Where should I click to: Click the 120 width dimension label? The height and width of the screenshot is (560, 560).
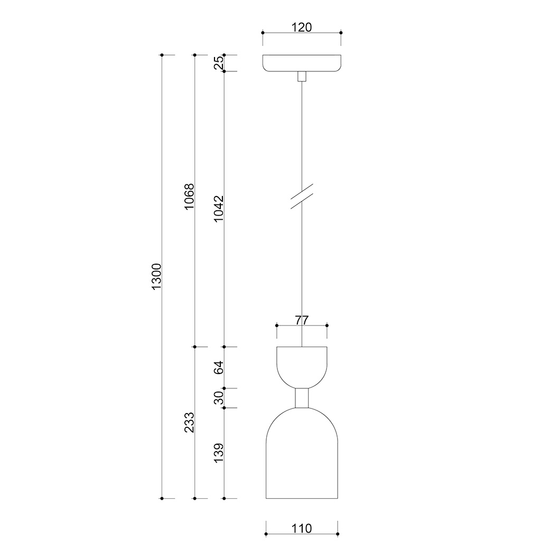point(302,27)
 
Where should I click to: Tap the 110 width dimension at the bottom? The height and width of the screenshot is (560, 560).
point(302,528)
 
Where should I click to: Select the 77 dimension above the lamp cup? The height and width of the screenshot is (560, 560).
point(302,320)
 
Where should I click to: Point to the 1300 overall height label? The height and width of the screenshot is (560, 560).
point(156,277)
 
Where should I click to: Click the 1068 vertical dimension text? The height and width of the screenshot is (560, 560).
point(189,197)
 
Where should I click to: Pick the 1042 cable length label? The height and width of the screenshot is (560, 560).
point(218,209)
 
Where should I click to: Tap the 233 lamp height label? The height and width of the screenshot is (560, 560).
point(189,423)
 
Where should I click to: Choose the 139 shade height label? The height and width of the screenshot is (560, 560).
point(218,453)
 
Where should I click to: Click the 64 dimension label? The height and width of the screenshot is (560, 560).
point(218,368)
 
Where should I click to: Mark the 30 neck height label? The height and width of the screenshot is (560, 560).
point(218,398)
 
